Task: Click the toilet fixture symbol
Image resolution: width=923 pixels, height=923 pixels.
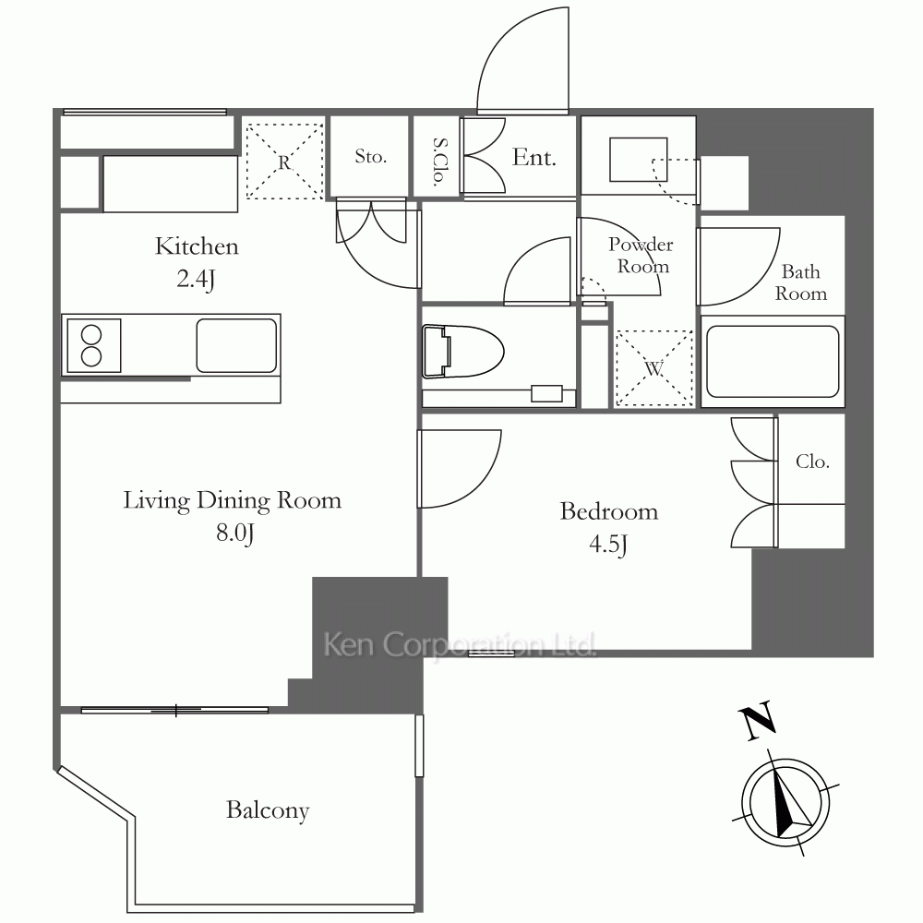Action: coord(463,351)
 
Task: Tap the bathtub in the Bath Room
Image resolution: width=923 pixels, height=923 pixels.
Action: coord(773,362)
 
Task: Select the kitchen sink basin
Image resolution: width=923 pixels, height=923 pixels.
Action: coord(236,345)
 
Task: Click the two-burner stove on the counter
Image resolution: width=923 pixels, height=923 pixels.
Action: coord(93,345)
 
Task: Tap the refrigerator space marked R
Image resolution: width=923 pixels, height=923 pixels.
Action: coord(285,160)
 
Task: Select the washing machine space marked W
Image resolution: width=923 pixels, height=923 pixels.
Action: coord(653,368)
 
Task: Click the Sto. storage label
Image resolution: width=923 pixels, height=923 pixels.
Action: coord(370,156)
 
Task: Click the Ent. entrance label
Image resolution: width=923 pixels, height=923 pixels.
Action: coord(533,157)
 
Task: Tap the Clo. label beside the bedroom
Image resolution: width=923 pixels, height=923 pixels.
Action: coord(812,461)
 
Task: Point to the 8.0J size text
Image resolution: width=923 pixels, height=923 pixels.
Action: coord(234,533)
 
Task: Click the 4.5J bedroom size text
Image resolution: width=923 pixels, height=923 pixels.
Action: coord(608,545)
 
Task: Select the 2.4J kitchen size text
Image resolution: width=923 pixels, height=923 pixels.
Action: coord(196,279)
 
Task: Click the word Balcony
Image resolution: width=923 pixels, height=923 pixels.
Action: coord(268,811)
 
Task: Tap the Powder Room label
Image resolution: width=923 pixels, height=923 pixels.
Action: coord(641,255)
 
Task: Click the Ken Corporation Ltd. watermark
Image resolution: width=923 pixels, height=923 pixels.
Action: coord(460,644)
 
